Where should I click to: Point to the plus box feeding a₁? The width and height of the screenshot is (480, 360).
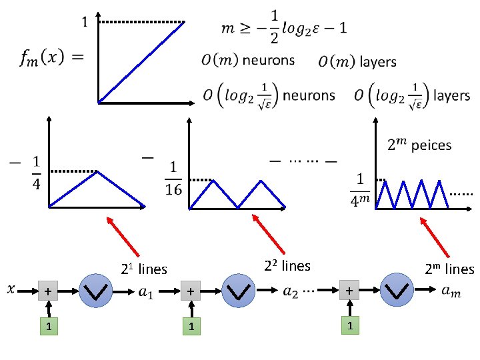[47, 291]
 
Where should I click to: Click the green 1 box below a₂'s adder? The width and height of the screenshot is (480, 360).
[191, 327]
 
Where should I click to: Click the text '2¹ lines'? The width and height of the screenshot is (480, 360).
[143, 269]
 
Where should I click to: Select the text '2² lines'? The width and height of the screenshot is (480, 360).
[287, 266]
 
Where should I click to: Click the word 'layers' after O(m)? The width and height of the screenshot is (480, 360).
[378, 62]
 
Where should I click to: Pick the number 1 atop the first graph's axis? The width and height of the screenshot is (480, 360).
[84, 22]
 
